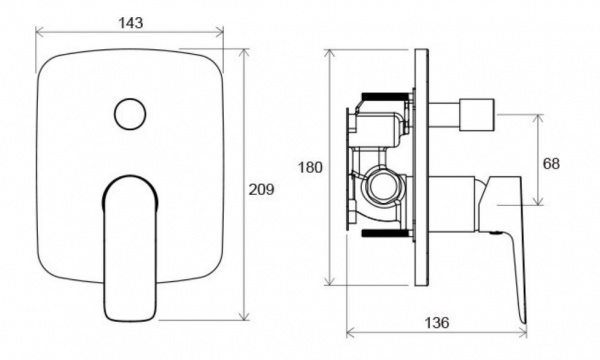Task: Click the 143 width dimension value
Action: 130,23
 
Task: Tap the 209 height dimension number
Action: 261,189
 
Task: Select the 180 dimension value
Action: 310,168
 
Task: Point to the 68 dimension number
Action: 551,164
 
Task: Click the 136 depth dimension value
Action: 437,323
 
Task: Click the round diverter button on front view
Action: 130,114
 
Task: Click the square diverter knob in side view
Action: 476,114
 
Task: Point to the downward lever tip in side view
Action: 523,321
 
